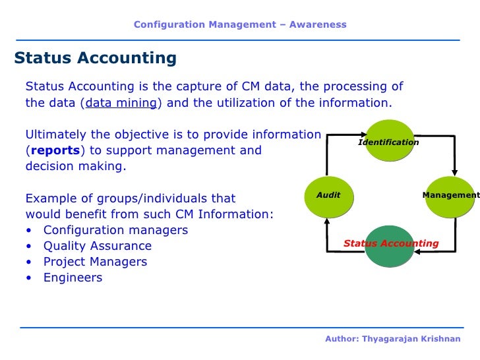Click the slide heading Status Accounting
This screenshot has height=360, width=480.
(x=96, y=58)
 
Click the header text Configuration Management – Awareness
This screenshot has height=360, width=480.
(x=240, y=24)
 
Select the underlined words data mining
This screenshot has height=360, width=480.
(x=121, y=103)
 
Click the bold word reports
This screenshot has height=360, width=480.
(x=56, y=150)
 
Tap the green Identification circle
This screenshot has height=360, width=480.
(x=389, y=140)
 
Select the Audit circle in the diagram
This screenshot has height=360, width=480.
(x=328, y=196)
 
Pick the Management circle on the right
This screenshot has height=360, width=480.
(x=450, y=196)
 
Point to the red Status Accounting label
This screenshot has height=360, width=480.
(x=391, y=243)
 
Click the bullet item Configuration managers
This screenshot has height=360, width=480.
(x=115, y=230)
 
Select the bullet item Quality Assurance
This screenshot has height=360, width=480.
(x=97, y=246)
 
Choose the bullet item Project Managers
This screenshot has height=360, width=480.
(x=95, y=262)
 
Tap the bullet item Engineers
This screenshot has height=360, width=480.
(x=73, y=278)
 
